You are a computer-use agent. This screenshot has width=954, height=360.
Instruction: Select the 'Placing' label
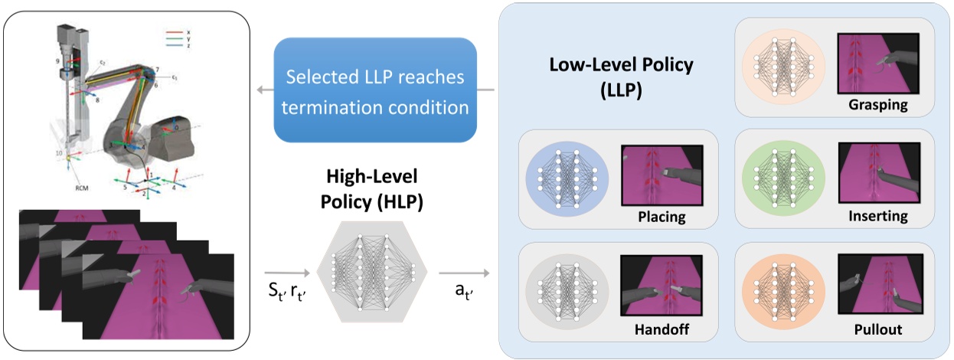pos(661,218)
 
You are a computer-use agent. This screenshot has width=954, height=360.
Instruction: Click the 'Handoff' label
pos(661,332)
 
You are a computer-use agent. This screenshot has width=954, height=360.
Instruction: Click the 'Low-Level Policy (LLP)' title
pos(622,75)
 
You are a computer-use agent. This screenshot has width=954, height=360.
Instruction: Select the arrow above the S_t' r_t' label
pos(286,272)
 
